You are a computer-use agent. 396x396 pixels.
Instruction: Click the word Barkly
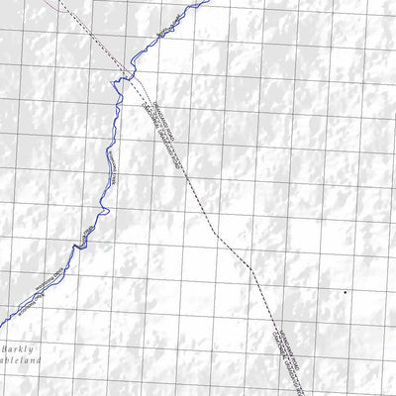19,348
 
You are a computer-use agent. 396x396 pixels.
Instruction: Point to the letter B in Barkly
6,348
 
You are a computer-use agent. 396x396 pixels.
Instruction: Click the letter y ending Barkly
33,349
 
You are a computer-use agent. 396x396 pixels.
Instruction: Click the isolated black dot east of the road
345,293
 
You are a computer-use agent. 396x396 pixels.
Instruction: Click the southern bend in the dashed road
252,269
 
